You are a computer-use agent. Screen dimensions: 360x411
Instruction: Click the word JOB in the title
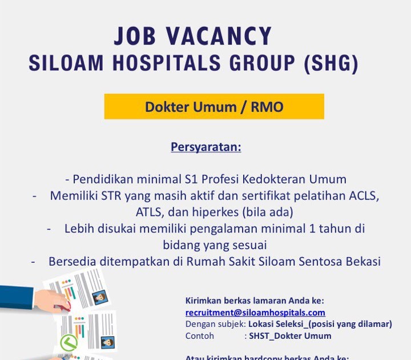(x=136, y=37)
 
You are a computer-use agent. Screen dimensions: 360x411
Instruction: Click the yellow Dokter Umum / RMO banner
(x=214, y=107)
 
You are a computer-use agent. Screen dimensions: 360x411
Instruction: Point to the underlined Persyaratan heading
(x=206, y=147)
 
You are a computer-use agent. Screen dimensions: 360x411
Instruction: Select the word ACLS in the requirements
(x=364, y=195)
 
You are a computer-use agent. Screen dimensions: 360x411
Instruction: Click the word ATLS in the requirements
(x=150, y=213)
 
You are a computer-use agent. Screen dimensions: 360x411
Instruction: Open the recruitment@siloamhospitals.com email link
(x=255, y=313)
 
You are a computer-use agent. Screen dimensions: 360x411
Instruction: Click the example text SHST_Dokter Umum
(x=290, y=336)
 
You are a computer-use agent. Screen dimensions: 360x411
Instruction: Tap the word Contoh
(x=200, y=336)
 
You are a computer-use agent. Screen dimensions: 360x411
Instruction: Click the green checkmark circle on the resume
(x=68, y=343)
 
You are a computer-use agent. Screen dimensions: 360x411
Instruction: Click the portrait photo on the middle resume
(x=107, y=342)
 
